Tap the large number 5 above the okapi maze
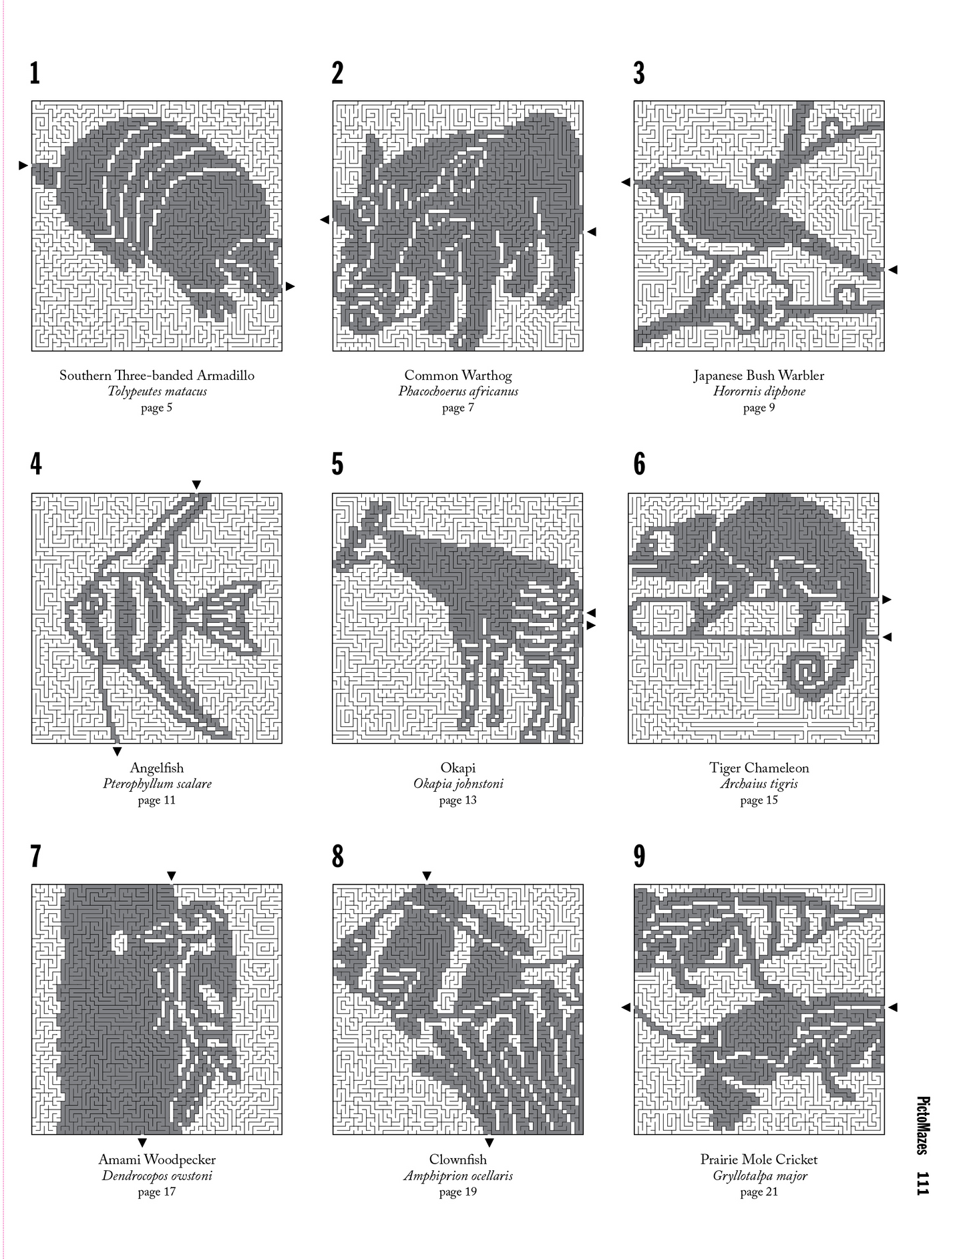pyautogui.click(x=338, y=465)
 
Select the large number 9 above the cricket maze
pyautogui.click(x=640, y=856)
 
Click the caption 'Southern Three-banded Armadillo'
pyautogui.click(x=157, y=375)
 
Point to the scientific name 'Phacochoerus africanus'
pyautogui.click(x=458, y=392)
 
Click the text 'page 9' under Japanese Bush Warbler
pyautogui.click(x=759, y=408)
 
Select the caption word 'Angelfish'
pyautogui.click(x=157, y=768)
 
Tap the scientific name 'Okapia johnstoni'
pyautogui.click(x=458, y=784)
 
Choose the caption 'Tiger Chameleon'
pyautogui.click(x=759, y=768)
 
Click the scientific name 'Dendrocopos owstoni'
pyautogui.click(x=157, y=1176)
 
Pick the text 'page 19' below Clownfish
pyautogui.click(x=458, y=1192)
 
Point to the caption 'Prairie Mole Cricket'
pyautogui.click(x=759, y=1160)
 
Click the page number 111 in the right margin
pyautogui.click(x=923, y=1183)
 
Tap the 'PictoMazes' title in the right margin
pyautogui.click(x=923, y=1125)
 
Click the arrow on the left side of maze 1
pyautogui.click(x=23, y=165)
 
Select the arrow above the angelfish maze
pyautogui.click(x=196, y=484)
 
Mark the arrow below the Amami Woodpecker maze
pyautogui.click(x=142, y=1142)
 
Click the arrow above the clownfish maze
pyautogui.click(x=427, y=876)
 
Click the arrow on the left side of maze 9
pyautogui.click(x=626, y=1007)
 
